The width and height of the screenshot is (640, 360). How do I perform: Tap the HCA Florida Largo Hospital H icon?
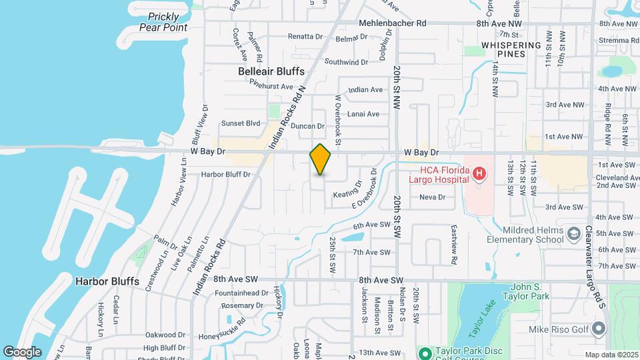coord(478,175)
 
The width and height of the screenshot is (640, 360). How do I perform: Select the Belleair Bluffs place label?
coord(271,71)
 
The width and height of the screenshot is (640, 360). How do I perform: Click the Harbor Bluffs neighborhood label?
coord(107,281)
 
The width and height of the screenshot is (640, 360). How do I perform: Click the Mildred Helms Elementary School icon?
coord(572,234)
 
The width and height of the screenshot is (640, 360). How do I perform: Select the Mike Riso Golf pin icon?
coord(598,328)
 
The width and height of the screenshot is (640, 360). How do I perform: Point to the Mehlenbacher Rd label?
coord(392,23)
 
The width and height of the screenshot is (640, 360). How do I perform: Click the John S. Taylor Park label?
coord(523,291)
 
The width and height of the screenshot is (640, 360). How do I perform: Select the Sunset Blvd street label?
coord(241,123)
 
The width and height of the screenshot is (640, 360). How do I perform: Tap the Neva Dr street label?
coord(432,197)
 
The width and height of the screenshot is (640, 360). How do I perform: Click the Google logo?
coord(22,351)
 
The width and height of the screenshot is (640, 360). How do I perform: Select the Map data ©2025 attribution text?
coord(611,355)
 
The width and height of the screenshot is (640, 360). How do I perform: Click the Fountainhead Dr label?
coord(241,293)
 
